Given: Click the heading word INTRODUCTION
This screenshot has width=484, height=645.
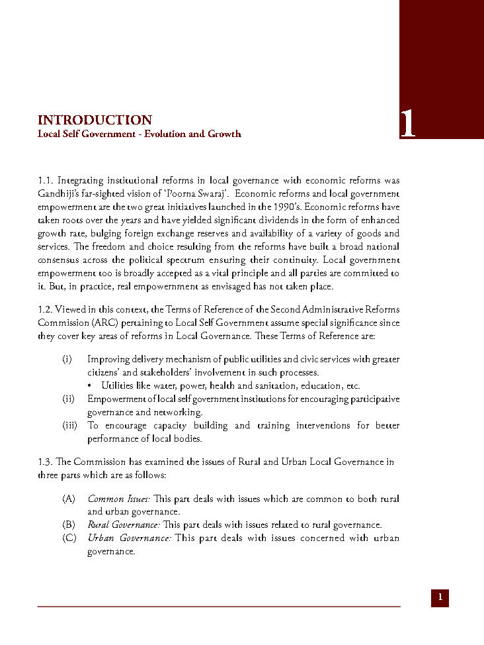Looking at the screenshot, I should pos(95,120).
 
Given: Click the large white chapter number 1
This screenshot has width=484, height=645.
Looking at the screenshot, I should pos(408,124).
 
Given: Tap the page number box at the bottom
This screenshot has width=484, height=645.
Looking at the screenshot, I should pos(440,597).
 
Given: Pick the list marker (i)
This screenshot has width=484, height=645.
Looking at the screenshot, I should pos(67,359).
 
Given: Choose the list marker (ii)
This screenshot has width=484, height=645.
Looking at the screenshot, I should pos(67,399).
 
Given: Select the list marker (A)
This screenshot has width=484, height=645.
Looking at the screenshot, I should pos(69,498).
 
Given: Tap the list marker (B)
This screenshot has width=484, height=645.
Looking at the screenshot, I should pos(69,524).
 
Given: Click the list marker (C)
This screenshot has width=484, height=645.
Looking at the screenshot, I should pos(69,538).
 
